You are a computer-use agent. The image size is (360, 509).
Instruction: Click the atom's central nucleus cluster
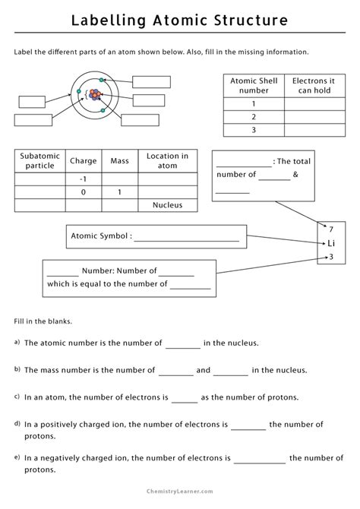(x=95, y=95)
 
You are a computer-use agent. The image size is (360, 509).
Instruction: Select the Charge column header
(x=83, y=161)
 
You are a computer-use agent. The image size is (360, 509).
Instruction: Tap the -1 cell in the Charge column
(x=83, y=179)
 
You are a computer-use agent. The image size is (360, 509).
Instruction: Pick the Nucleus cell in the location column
(x=167, y=204)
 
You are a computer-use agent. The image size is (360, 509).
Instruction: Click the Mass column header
(x=119, y=161)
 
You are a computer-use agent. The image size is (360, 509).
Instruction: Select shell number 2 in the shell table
(x=253, y=117)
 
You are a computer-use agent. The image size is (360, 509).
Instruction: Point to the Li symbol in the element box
(x=330, y=243)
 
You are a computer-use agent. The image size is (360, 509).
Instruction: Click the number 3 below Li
(x=330, y=257)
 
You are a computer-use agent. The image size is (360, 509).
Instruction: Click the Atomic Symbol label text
(x=99, y=236)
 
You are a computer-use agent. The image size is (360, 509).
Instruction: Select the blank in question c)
(x=185, y=397)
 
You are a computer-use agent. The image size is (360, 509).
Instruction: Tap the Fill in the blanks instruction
(x=43, y=321)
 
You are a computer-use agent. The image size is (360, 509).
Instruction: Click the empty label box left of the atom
(x=33, y=101)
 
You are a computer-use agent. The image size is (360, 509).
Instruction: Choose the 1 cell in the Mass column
(x=119, y=191)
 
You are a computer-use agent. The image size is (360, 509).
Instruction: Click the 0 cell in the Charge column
(x=83, y=191)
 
